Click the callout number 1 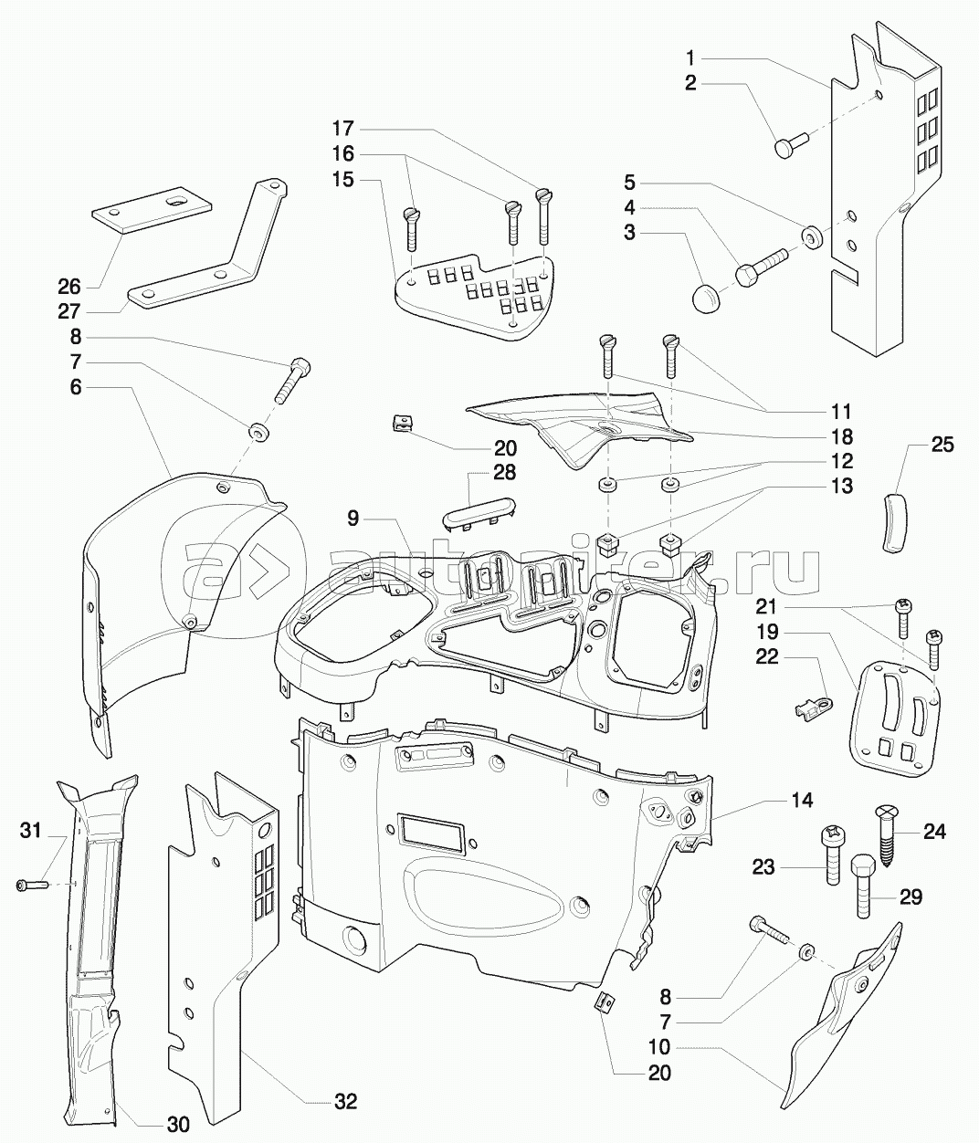pos(691,58)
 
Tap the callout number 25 pos(942,446)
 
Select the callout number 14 pos(801,800)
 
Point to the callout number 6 pos(75,387)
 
